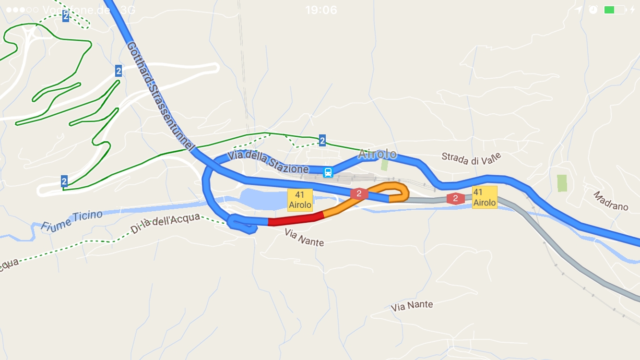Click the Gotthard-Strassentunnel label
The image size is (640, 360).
click(x=161, y=96)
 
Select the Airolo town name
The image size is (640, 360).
click(x=378, y=154)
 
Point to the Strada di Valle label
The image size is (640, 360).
click(x=471, y=158)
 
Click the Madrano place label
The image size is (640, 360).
click(x=611, y=201)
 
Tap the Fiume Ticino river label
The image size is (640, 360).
click(x=72, y=220)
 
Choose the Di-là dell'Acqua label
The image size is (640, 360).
click(x=166, y=224)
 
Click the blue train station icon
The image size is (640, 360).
click(x=328, y=172)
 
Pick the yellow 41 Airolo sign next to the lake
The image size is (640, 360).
click(x=300, y=200)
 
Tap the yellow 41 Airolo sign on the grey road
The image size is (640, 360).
click(x=485, y=197)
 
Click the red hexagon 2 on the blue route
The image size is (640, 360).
click(x=359, y=193)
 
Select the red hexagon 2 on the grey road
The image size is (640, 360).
click(x=455, y=198)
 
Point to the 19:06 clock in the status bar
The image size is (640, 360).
click(x=321, y=10)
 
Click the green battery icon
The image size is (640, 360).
click(x=614, y=10)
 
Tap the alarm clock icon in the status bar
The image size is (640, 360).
click(x=593, y=10)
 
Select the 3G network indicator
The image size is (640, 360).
click(x=128, y=10)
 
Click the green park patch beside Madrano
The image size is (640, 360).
click(x=562, y=183)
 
